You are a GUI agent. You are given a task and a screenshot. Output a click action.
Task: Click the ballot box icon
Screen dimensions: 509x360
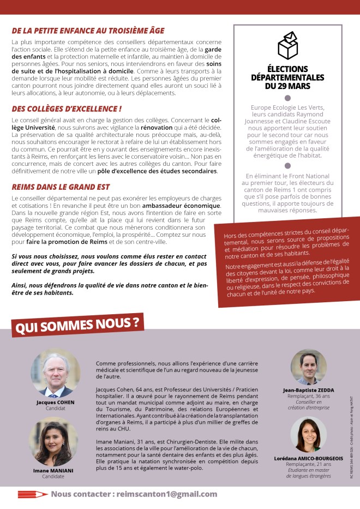[287, 45]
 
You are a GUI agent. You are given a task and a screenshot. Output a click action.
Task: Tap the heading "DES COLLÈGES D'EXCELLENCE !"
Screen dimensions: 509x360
[67, 109]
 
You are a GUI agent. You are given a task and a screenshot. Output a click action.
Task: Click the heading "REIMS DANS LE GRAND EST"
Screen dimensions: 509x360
[61, 187]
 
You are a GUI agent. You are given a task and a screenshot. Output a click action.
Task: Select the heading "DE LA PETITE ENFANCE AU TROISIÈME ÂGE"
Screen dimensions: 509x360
[88, 31]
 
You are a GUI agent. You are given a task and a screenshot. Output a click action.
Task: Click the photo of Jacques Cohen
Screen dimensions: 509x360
[55, 374]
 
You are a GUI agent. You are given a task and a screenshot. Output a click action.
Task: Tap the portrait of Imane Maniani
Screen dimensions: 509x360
[53, 442]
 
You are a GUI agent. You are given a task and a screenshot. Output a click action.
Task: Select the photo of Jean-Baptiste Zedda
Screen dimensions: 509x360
[308, 367]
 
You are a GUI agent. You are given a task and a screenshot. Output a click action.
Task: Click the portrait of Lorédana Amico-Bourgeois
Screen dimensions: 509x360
[308, 435]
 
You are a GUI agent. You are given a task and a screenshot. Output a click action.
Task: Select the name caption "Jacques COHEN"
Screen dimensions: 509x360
[55, 402]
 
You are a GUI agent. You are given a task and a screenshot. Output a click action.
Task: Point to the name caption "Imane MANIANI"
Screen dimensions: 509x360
[53, 470]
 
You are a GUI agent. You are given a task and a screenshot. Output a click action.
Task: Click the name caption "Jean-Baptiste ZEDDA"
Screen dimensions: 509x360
[308, 391]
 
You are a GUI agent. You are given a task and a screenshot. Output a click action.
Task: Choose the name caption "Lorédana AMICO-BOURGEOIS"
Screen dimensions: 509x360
[308, 459]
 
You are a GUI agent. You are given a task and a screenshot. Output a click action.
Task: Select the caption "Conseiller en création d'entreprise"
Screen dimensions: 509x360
[308, 404]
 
